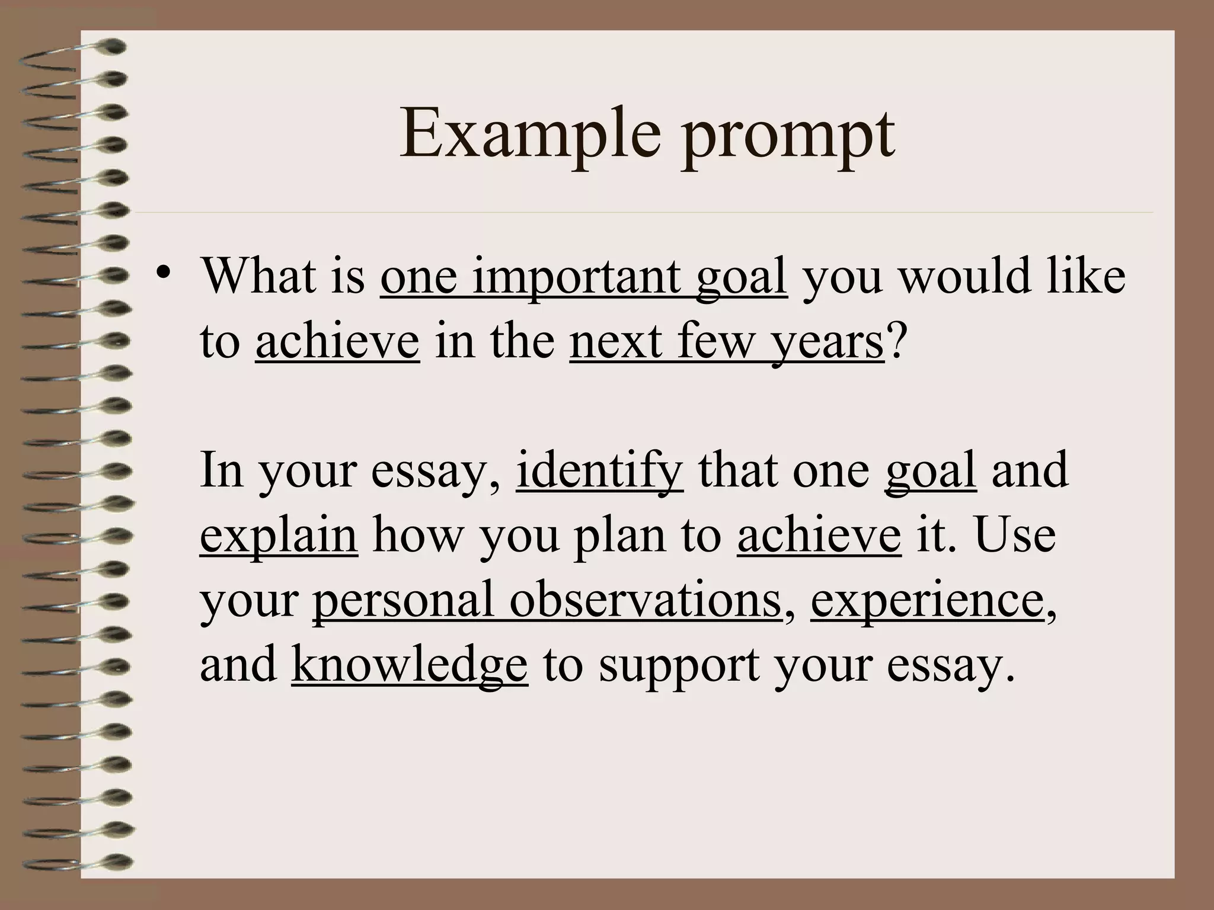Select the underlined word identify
point(600,470)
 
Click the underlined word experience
point(927,602)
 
